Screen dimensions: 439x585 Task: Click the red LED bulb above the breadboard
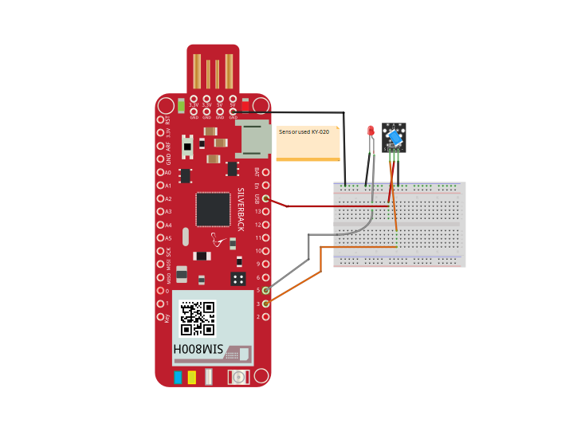(371, 130)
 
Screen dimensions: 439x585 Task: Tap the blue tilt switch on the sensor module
(395, 138)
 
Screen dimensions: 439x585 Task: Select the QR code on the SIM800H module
(197, 318)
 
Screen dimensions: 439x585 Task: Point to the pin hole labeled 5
(265, 290)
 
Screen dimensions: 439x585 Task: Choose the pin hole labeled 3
(265, 304)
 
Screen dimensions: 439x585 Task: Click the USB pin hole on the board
(265, 198)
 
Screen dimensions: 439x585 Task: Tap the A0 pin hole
(160, 172)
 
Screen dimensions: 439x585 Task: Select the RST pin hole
(160, 120)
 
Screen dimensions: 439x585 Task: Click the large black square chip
(213, 209)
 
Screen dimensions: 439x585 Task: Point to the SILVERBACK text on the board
(241, 210)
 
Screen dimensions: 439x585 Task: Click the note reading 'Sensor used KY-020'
(308, 143)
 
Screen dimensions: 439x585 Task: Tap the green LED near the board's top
(182, 104)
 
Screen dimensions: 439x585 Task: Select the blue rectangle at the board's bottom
(178, 377)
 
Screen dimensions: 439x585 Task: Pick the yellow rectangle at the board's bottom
(191, 377)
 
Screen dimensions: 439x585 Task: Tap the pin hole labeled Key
(160, 316)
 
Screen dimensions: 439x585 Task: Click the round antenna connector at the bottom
(238, 377)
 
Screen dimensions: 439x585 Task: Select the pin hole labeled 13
(265, 212)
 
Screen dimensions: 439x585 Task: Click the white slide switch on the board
(187, 147)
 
